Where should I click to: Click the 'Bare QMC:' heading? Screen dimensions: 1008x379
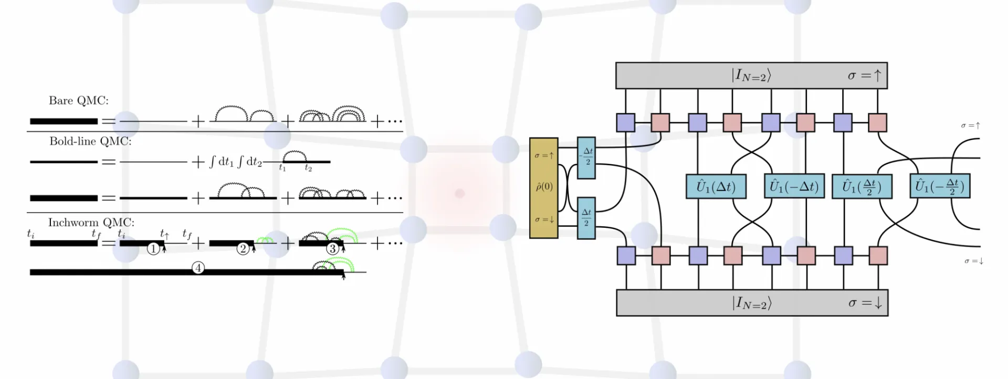click(78, 101)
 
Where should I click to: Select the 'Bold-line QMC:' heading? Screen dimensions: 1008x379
click(90, 141)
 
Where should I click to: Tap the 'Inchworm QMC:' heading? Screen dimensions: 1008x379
click(91, 223)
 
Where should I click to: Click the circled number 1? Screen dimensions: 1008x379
click(153, 249)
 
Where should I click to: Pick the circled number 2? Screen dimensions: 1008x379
click(243, 249)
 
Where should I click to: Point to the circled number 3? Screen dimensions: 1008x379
click(332, 249)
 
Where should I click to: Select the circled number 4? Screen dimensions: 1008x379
click(198, 268)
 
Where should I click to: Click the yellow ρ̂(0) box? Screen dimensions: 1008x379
click(543, 188)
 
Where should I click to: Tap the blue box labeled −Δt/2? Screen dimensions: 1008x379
click(586, 157)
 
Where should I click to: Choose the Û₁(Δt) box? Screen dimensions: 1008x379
click(716, 186)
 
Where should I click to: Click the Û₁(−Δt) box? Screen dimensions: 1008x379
click(794, 186)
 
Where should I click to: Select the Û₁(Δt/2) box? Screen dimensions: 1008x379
click(862, 186)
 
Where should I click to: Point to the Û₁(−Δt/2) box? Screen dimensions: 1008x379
click(940, 186)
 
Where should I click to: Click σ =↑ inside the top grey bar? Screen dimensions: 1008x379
click(864, 76)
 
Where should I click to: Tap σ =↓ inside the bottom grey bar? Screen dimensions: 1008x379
click(865, 303)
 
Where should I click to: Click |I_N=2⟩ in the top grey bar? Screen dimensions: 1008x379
click(751, 76)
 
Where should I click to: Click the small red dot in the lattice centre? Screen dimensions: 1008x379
click(460, 194)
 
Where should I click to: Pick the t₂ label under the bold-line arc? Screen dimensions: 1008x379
click(308, 169)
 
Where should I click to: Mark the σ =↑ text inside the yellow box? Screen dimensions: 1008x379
click(544, 155)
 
